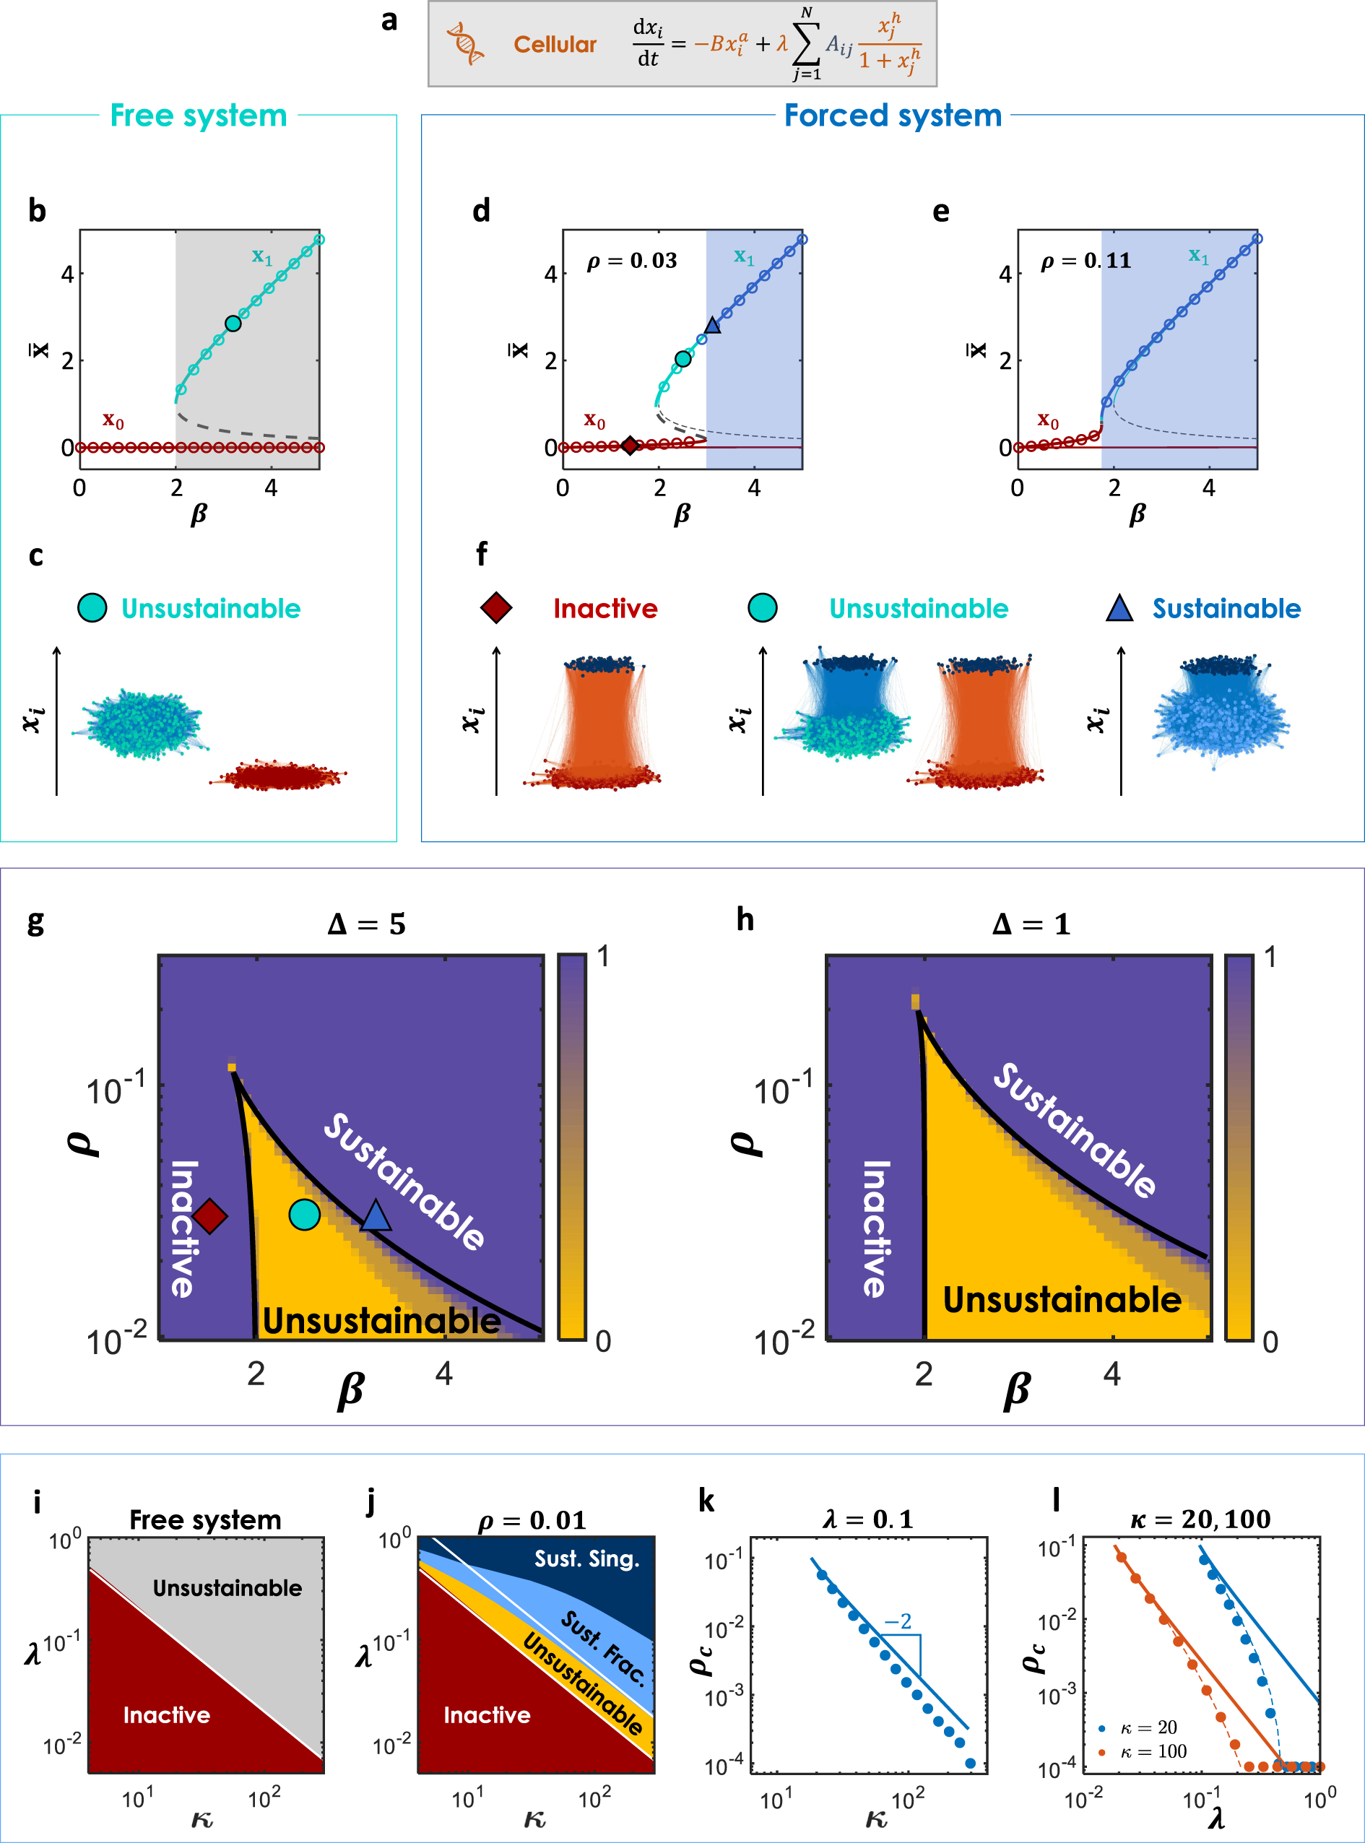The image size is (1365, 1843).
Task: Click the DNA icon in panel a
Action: click(x=466, y=44)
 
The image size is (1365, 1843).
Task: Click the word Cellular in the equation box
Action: click(x=555, y=45)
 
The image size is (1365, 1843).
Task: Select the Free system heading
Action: click(x=199, y=116)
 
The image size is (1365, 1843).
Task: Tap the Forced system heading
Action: click(x=893, y=116)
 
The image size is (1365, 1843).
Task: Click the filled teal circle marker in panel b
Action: click(x=233, y=324)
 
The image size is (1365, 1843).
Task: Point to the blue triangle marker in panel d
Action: click(x=712, y=326)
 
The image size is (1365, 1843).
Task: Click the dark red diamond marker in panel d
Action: click(x=630, y=446)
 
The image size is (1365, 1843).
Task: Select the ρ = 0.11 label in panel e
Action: click(x=1085, y=261)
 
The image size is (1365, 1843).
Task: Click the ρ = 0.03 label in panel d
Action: click(x=631, y=261)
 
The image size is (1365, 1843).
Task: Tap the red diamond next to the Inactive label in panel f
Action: click(x=495, y=608)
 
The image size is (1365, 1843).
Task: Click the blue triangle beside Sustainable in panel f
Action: click(x=1119, y=609)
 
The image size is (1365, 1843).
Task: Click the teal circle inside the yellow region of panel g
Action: click(x=304, y=1215)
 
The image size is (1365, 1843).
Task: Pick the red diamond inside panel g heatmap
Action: click(x=210, y=1216)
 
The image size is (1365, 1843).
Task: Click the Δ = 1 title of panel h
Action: click(x=1031, y=924)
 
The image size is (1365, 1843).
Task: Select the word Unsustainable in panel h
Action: click(x=1062, y=1300)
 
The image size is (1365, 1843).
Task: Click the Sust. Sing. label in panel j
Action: click(x=586, y=1559)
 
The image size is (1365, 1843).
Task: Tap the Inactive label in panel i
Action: click(x=166, y=1715)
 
